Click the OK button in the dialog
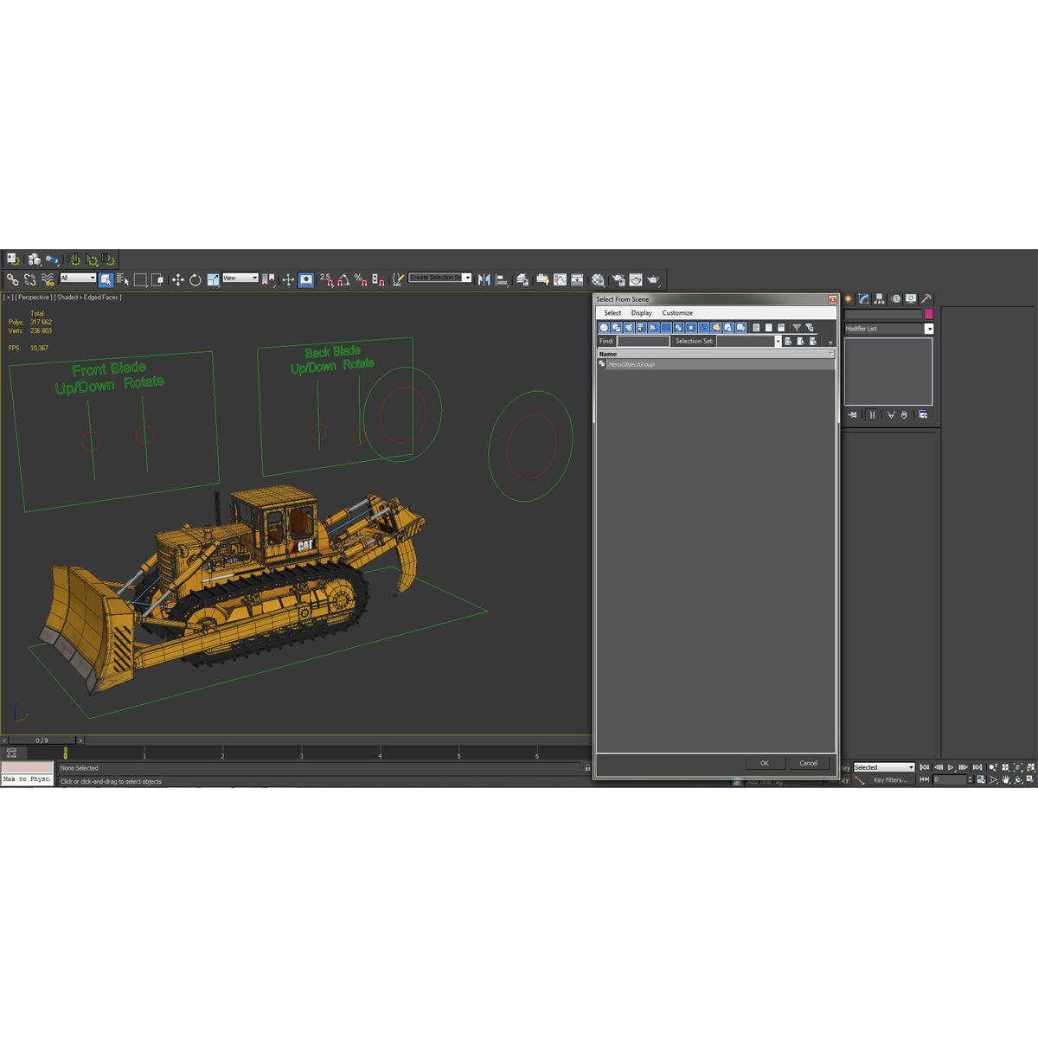[765, 763]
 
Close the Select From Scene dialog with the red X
[832, 299]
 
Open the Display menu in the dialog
[641, 313]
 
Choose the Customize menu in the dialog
[677, 313]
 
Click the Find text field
[643, 342]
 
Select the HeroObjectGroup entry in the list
[631, 364]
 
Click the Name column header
[609, 354]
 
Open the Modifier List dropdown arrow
[929, 329]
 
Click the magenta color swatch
[929, 314]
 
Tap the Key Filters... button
[890, 780]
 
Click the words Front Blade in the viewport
[109, 369]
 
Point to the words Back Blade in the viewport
[333, 351]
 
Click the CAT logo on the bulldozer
[304, 545]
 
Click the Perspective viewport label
[34, 298]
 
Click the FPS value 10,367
[40, 348]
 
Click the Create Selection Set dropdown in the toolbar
[439, 278]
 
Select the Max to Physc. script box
[27, 779]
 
